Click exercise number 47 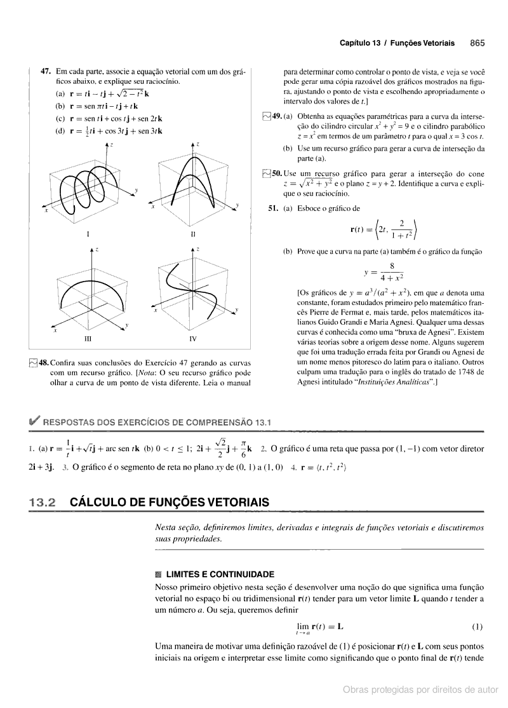pyautogui.click(x=46, y=72)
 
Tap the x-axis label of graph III pyautogui.click(x=55, y=331)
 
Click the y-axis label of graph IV pyautogui.click(x=236, y=309)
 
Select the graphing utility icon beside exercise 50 pyautogui.click(x=266, y=174)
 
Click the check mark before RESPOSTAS pyautogui.click(x=31, y=421)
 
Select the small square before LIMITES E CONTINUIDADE pyautogui.click(x=150, y=573)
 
